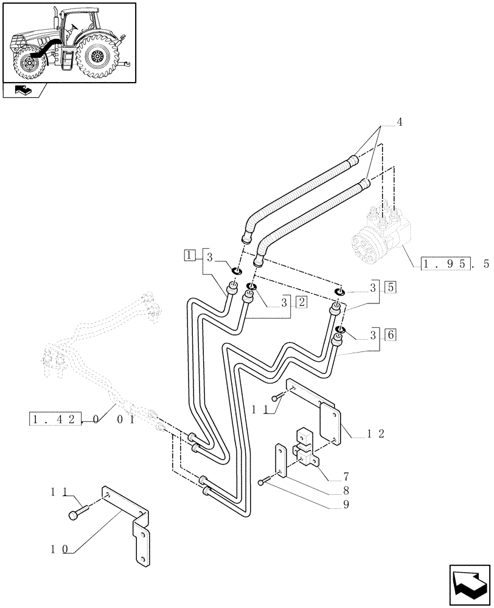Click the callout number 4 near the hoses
click(400, 122)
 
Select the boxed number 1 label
click(190, 255)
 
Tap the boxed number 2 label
click(301, 302)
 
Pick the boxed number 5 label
click(390, 286)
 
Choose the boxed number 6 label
click(390, 334)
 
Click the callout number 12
click(374, 434)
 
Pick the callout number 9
click(345, 504)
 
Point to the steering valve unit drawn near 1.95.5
click(381, 237)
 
